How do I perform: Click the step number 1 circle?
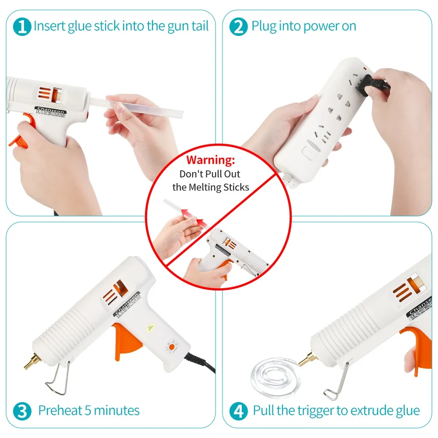point(22,26)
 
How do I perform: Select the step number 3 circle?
point(22,411)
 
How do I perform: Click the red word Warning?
point(211,160)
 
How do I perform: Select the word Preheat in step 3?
point(60,411)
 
